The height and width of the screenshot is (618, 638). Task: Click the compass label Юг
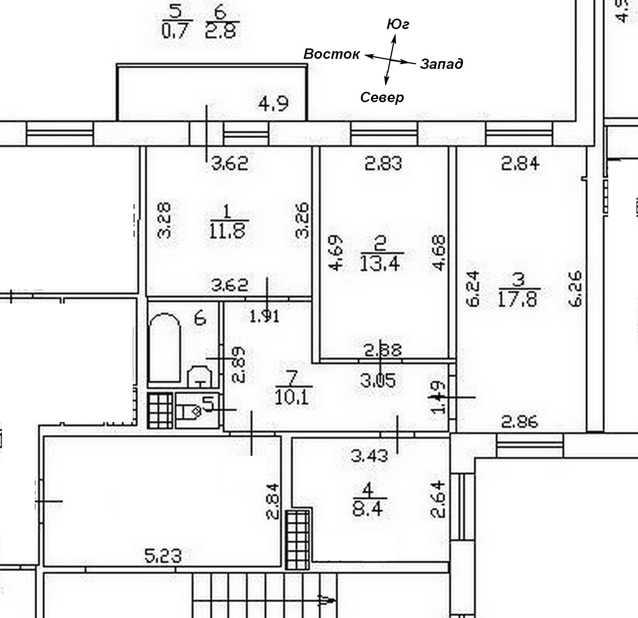398,24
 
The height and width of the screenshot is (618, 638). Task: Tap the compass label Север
382,97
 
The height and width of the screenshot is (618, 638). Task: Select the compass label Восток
331,54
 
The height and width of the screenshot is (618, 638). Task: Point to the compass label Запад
441,64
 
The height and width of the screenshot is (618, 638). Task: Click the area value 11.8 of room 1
228,231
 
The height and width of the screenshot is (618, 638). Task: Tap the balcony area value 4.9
274,104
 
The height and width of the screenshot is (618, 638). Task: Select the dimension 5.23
163,557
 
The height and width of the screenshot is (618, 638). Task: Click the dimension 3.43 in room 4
369,455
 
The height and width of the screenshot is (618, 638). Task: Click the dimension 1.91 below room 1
264,317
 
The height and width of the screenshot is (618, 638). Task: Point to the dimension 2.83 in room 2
383,163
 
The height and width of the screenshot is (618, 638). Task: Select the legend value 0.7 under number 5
177,30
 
